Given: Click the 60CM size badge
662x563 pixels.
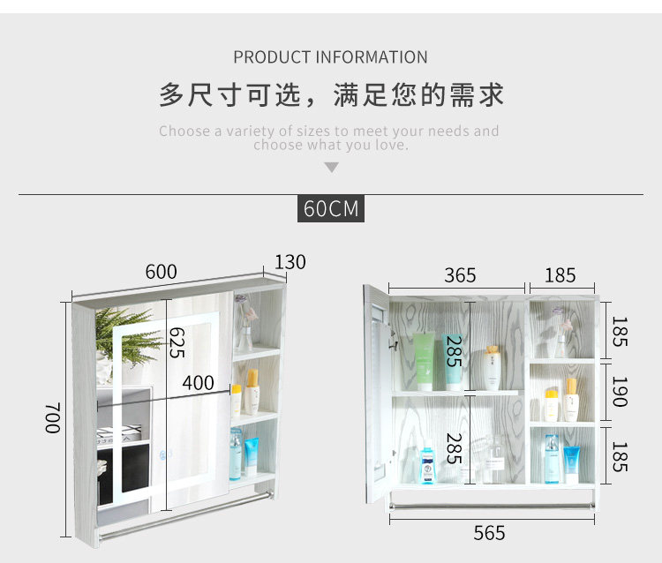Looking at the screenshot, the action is pos(331,209).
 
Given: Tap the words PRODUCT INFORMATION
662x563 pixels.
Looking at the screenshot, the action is pos(331,57).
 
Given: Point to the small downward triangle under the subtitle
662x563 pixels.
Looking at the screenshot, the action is pos(331,167).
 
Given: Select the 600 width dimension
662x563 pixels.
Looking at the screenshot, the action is pos(161,272).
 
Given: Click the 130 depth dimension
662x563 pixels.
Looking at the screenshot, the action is pos(290,262).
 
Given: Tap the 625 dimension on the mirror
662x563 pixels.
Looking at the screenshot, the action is pos(177,342).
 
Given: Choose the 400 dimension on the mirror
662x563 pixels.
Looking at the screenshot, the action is pos(199,383).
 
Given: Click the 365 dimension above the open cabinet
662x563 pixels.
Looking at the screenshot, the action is pos(460,274).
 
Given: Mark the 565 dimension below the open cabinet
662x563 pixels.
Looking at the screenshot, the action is pos(489,533).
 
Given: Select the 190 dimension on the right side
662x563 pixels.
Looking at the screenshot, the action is pos(619,391).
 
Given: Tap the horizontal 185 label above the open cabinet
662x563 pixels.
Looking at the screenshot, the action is pos(560,274).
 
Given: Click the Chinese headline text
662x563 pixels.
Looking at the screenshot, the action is pos(331,94).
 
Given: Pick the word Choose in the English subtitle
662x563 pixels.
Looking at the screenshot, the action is pos(184,131).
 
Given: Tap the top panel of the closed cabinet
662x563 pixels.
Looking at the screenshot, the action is pos(177,288).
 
